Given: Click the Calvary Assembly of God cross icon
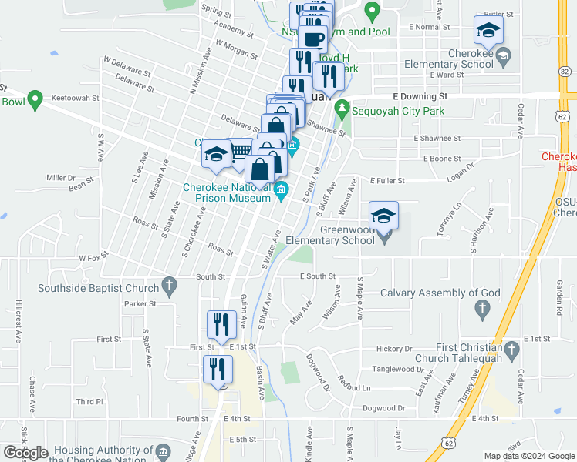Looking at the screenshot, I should (x=483, y=309).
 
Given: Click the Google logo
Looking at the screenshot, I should (x=26, y=452).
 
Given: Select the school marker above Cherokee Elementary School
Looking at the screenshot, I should (x=488, y=31).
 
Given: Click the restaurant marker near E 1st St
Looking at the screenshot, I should (x=221, y=326).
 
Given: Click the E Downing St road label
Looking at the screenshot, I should (x=420, y=97).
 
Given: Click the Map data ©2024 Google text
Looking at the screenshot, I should (x=529, y=456).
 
